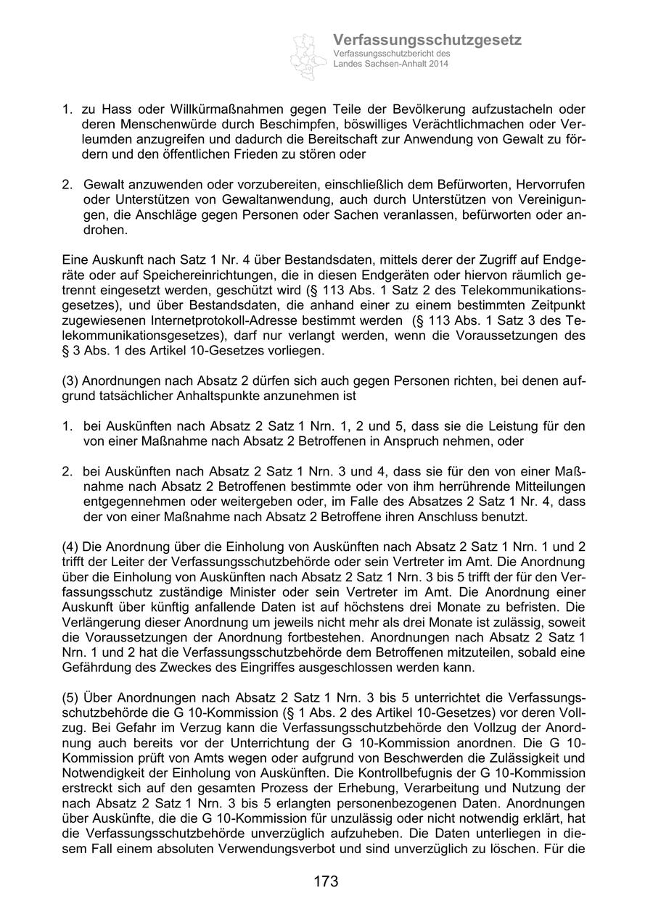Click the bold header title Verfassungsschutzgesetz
tap(427, 41)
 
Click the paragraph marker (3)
tap(70, 381)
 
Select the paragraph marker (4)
tap(70, 547)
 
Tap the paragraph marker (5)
tap(70, 697)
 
